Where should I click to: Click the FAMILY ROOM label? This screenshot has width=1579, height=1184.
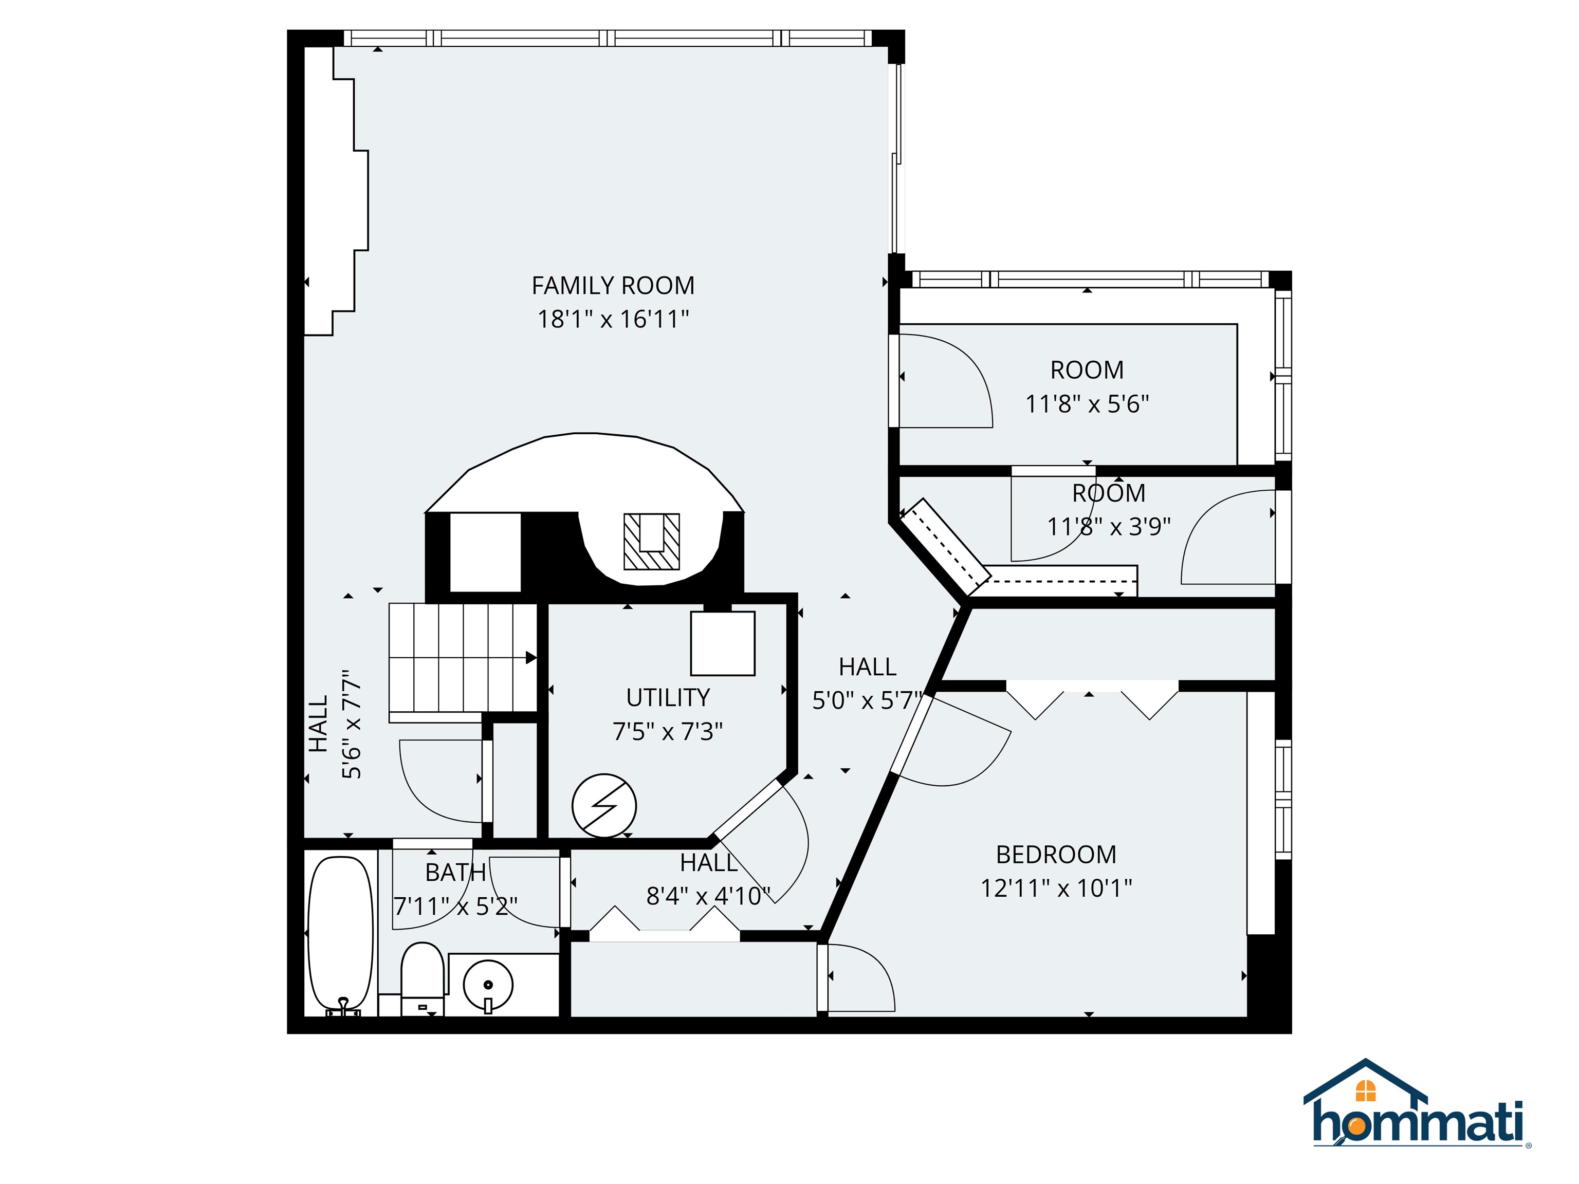(613, 286)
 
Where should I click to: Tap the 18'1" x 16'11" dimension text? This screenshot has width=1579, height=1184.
(613, 319)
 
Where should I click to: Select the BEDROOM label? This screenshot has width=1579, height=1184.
(1056, 854)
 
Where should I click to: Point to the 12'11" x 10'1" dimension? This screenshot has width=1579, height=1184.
(1056, 888)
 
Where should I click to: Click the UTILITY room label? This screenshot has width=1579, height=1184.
(668, 697)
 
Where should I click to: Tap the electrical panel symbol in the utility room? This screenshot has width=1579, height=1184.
(604, 806)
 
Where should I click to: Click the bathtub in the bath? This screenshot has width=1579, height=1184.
(340, 935)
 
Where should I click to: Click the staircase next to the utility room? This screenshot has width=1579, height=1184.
(463, 658)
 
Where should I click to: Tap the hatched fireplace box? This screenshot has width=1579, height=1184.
(652, 542)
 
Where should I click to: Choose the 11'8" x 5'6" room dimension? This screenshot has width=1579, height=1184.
(1087, 404)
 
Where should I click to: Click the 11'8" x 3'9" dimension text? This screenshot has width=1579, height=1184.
(1109, 527)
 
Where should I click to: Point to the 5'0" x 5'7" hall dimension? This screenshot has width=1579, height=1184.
(867, 700)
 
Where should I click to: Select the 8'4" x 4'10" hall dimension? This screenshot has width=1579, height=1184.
(708, 896)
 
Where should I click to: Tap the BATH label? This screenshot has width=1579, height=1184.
(455, 872)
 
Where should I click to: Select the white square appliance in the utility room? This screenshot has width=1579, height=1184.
(722, 643)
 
